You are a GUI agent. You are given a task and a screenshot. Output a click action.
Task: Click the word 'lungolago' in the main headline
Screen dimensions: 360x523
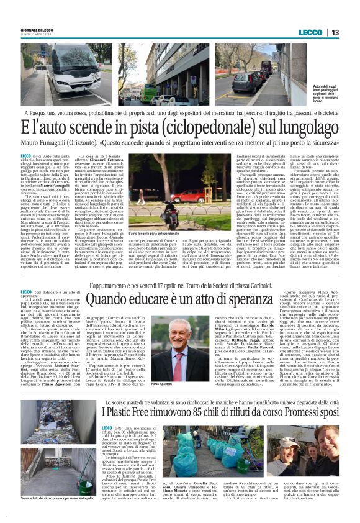pyautogui.click(x=304, y=128)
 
